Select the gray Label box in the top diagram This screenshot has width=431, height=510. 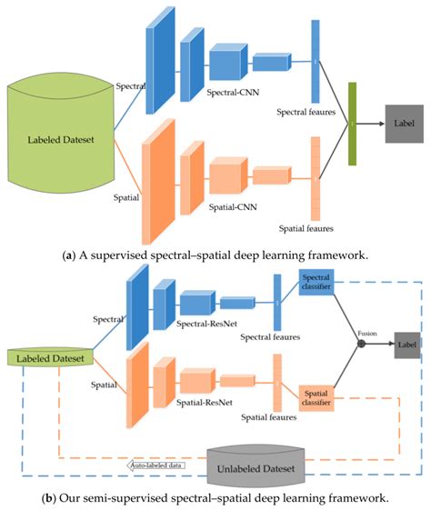pyautogui.click(x=402, y=122)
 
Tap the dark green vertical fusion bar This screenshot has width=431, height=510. pyautogui.click(x=351, y=124)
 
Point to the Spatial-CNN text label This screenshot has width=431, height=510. pyautogui.click(x=232, y=206)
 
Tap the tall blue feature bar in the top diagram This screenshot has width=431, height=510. pyautogui.click(x=316, y=61)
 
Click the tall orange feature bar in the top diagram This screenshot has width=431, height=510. pyautogui.click(x=316, y=179)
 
